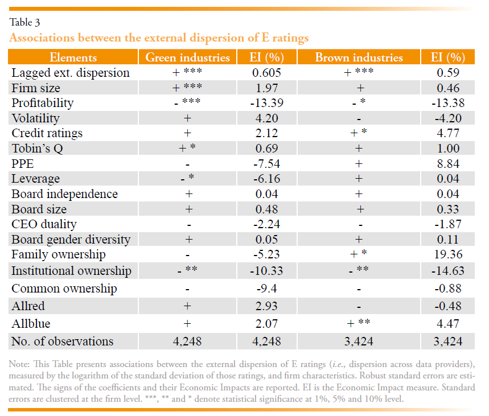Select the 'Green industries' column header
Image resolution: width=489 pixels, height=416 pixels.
[188, 57]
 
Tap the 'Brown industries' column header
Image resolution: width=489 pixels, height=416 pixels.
[359, 57]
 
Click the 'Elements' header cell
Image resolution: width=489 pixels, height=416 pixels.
[73, 57]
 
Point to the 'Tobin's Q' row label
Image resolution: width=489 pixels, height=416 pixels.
[38, 149]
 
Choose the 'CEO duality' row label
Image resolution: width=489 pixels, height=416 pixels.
[44, 224]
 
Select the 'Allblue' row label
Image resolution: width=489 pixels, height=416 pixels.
[31, 324]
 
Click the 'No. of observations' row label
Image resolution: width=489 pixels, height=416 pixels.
[62, 341]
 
